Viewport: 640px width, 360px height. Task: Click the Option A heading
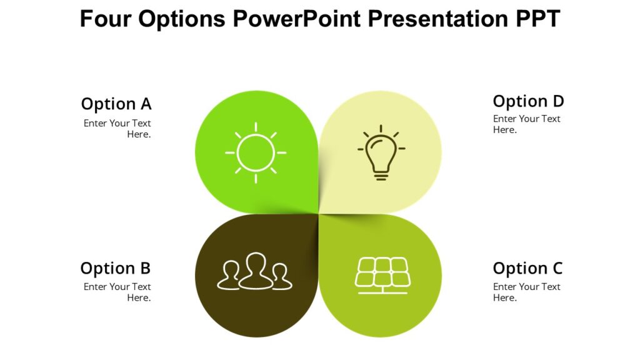(x=116, y=104)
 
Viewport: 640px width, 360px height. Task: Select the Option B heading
(x=116, y=269)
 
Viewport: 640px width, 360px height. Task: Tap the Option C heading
(x=527, y=269)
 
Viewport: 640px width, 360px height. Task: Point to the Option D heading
(x=528, y=101)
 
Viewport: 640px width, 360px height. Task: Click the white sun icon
(x=256, y=152)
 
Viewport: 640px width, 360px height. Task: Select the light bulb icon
(x=381, y=153)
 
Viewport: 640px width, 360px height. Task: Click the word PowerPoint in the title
(x=296, y=19)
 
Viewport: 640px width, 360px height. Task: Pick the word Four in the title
(x=106, y=19)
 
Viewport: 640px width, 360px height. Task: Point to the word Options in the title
(x=182, y=19)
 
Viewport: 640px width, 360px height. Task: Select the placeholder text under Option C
(x=526, y=292)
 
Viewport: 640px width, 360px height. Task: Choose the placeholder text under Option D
(x=526, y=124)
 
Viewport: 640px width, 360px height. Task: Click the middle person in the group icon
(x=255, y=270)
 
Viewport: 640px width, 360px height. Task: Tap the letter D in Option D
(x=557, y=101)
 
